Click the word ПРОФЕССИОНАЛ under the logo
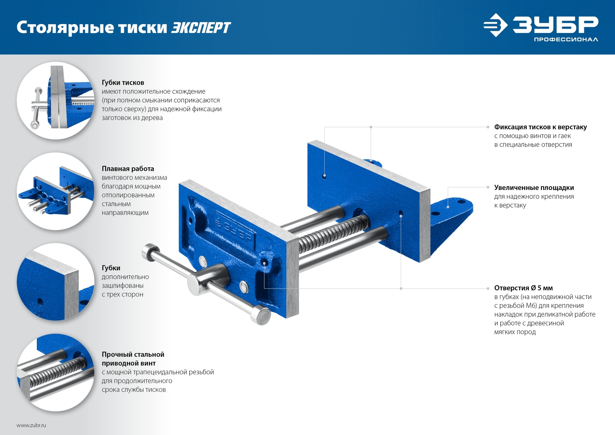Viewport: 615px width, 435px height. click(566, 39)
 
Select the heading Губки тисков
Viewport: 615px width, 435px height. click(123, 83)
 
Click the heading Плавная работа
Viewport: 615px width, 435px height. click(128, 169)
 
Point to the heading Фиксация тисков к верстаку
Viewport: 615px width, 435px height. click(540, 127)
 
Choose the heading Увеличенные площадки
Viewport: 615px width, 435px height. click(534, 188)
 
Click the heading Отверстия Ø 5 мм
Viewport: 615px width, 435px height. click(523, 288)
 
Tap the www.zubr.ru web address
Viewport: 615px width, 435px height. click(31, 425)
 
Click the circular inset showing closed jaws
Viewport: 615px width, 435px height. click(56, 101)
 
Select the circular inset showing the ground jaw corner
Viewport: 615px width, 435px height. click(56, 282)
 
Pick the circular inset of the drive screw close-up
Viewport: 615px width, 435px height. click(56, 372)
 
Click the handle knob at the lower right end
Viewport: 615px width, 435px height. click(261, 315)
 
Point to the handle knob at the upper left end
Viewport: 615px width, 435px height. click(150, 252)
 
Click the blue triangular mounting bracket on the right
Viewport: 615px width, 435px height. click(451, 221)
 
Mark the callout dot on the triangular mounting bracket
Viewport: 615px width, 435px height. click(448, 207)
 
